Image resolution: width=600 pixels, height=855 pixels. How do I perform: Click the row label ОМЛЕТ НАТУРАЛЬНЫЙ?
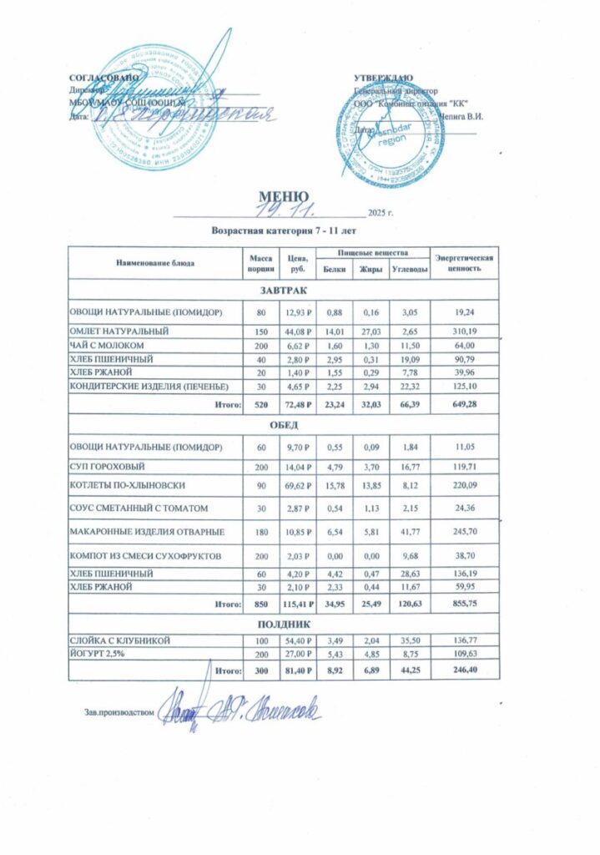pos(119,331)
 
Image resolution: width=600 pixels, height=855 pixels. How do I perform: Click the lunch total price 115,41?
pos(298,602)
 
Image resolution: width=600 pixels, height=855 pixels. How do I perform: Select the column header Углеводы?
pos(410,268)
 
